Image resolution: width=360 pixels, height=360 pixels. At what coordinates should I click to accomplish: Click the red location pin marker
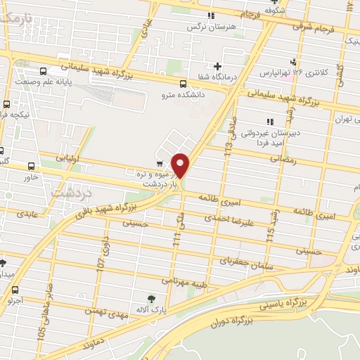[x=181, y=165]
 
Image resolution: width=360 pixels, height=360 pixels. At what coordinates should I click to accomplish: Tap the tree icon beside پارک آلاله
[x=149, y=298]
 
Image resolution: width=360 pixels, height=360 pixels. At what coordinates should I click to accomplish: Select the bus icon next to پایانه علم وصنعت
[x=44, y=71]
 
